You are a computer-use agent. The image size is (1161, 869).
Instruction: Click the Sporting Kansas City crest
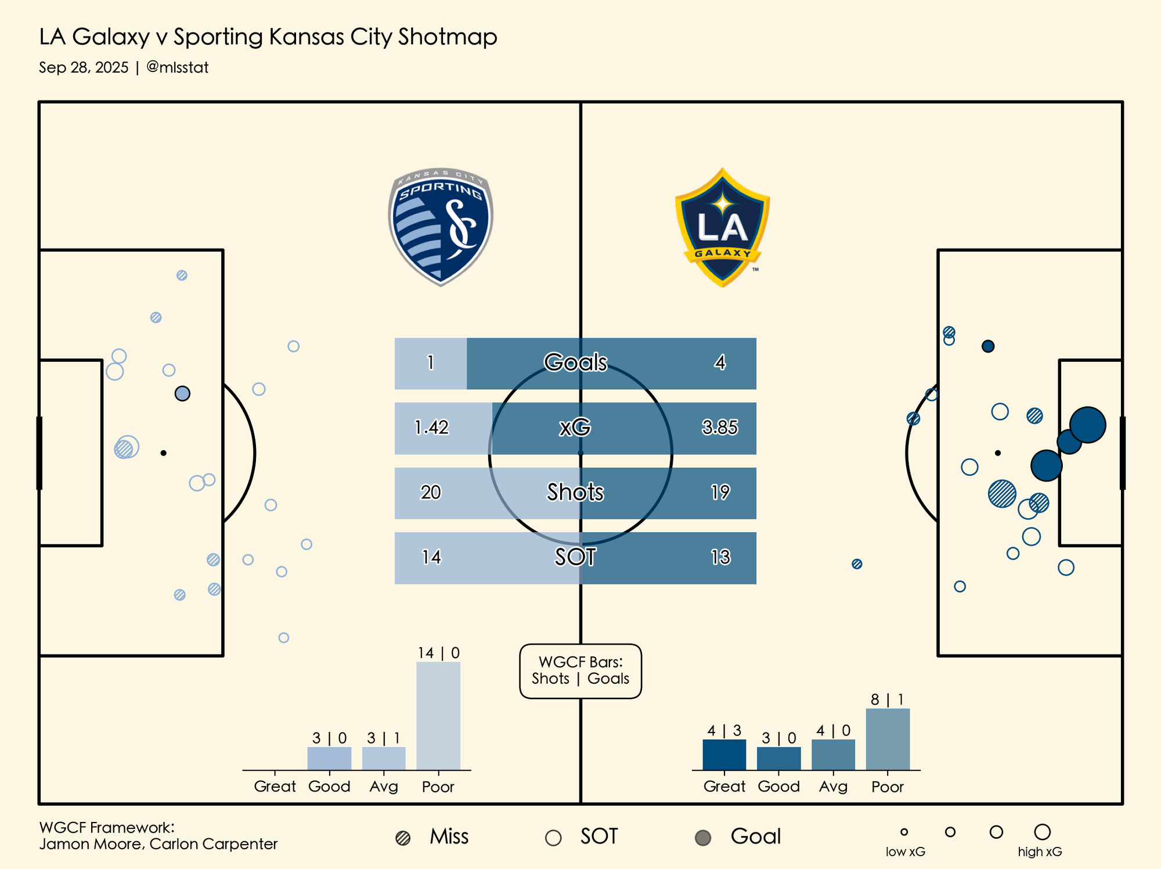click(441, 227)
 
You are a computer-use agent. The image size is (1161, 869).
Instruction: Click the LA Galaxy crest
click(722, 228)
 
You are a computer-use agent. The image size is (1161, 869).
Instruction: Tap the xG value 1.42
click(431, 428)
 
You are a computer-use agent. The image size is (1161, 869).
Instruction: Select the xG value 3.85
click(720, 428)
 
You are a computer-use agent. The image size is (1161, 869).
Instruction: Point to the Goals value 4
click(720, 362)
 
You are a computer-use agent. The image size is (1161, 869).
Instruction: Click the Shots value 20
click(431, 493)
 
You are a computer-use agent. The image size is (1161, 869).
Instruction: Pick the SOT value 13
click(720, 557)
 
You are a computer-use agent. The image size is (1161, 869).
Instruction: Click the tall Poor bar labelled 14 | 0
click(438, 716)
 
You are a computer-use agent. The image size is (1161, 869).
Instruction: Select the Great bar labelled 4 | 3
click(724, 755)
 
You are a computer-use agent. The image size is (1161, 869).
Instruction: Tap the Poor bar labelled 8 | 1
click(888, 739)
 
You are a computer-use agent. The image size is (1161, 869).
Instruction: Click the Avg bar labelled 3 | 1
click(384, 759)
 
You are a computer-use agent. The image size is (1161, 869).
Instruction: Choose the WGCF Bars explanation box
click(580, 671)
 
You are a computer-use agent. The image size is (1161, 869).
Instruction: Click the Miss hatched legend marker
click(403, 838)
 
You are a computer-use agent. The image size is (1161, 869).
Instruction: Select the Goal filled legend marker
click(703, 838)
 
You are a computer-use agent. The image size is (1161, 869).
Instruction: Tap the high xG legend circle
click(1042, 832)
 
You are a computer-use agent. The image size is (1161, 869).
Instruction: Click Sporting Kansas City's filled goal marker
click(182, 394)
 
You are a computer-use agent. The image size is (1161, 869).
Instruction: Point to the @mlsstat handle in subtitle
click(177, 67)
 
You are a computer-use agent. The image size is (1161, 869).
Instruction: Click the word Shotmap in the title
click(448, 37)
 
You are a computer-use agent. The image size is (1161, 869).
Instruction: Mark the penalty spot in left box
click(164, 453)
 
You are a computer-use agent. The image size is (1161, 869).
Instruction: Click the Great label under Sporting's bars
click(275, 787)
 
